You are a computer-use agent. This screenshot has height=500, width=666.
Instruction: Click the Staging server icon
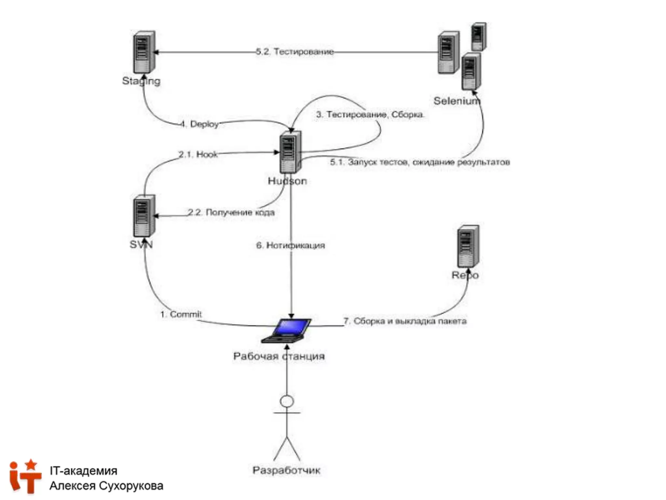click(x=144, y=52)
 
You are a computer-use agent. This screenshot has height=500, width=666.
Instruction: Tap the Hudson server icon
click(x=290, y=152)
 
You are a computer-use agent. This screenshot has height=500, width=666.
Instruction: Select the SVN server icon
click(x=144, y=216)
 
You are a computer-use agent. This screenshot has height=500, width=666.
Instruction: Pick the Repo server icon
click(x=468, y=246)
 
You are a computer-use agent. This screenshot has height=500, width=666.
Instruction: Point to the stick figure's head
click(x=287, y=401)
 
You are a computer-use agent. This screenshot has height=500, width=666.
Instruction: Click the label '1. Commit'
click(x=181, y=314)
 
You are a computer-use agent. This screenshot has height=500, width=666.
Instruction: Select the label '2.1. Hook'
click(x=198, y=154)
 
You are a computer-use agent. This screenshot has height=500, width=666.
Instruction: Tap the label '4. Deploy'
click(x=200, y=124)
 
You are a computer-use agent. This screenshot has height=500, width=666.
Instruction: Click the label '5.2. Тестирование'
click(x=295, y=52)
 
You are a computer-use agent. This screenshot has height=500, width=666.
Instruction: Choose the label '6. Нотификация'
click(x=290, y=245)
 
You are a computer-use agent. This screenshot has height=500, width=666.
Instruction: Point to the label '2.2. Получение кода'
click(x=231, y=213)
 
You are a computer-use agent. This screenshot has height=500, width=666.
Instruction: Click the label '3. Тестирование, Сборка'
click(x=370, y=115)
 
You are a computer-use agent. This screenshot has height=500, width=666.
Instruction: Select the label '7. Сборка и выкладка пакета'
click(x=405, y=321)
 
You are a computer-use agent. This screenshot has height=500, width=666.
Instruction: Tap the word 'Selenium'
click(x=457, y=101)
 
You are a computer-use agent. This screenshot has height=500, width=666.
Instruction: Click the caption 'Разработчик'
click(x=286, y=470)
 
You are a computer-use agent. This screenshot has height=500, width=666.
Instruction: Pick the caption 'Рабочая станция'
click(x=279, y=356)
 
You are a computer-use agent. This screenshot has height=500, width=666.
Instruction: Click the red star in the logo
click(x=31, y=464)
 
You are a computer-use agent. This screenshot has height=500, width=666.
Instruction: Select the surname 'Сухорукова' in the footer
click(x=131, y=486)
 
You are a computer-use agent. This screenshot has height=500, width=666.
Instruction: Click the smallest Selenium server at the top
click(x=478, y=36)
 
